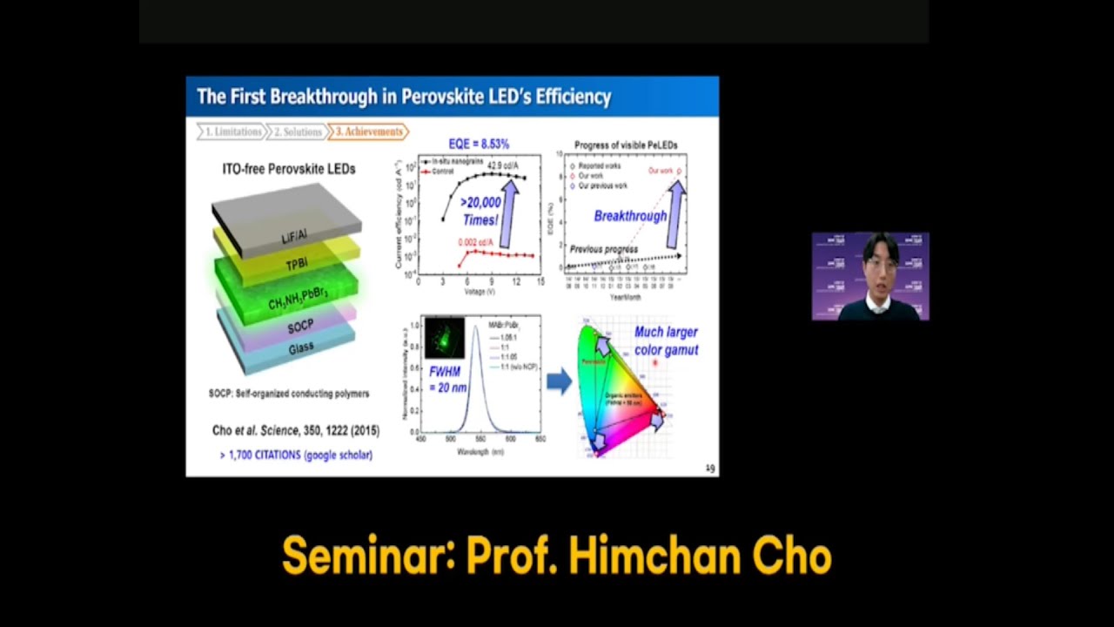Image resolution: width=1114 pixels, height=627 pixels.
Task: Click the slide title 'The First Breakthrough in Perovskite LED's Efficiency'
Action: (404, 97)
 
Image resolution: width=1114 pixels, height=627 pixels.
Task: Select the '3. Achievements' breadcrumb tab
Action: (369, 131)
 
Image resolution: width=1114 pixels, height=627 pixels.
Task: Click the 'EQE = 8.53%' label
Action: (479, 144)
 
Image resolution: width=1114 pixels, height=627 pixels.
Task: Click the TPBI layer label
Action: (297, 264)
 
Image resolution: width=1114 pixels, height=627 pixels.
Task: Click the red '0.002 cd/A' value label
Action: (477, 242)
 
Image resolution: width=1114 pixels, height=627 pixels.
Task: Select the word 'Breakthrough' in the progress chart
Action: (630, 216)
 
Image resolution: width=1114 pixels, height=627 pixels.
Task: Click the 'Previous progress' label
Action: (603, 249)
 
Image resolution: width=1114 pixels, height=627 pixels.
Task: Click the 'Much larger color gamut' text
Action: (666, 340)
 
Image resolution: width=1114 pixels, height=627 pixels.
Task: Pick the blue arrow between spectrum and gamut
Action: (559, 381)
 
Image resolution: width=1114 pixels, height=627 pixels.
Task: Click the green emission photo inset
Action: (444, 338)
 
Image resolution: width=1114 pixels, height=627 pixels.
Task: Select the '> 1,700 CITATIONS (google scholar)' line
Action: (296, 455)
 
